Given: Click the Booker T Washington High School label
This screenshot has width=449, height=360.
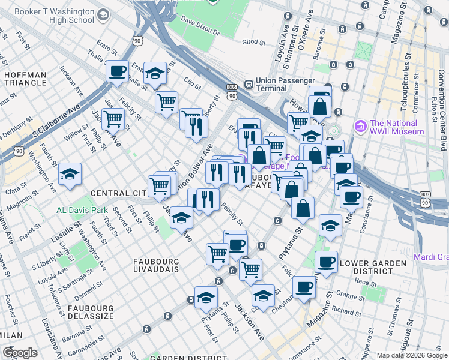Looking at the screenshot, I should pyautogui.click(x=54, y=16).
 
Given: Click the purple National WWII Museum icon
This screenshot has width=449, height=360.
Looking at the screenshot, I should pyautogui.click(x=360, y=126).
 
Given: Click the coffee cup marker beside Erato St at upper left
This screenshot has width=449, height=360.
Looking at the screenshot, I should pyautogui.click(x=117, y=71).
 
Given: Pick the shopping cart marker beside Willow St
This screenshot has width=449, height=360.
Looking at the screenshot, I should pyautogui.click(x=112, y=119).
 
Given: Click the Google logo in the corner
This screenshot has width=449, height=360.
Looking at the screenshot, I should pyautogui.click(x=20, y=353).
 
